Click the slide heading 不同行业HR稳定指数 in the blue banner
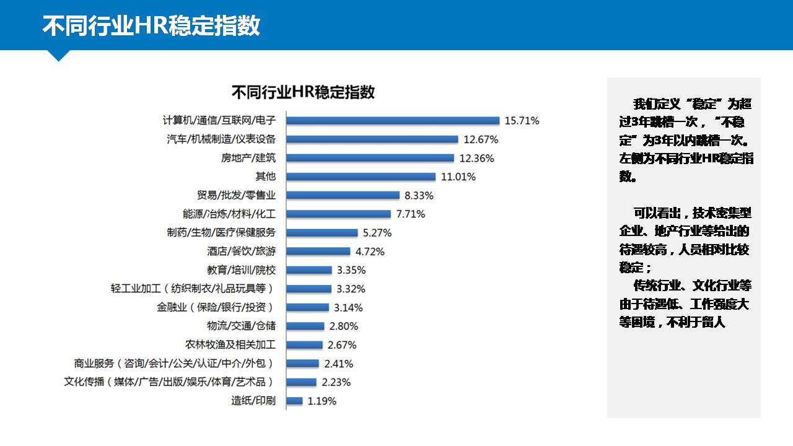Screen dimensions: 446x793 coord(151,26)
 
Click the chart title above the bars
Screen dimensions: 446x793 coord(303,92)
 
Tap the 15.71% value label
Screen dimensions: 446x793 coord(522,121)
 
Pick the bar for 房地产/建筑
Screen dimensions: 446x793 coord(370,158)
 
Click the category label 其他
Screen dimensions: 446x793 coord(266,177)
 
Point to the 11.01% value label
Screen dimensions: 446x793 coord(458,177)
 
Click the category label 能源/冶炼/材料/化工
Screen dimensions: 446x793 coord(229,214)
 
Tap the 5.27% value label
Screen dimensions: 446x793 coord(377,233)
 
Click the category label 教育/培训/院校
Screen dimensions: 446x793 coord(242,270)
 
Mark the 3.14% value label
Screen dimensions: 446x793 coord(348,307)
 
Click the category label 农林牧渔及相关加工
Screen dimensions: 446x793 coord(230,345)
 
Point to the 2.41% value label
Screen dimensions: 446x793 coord(339,364)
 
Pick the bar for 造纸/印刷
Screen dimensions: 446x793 coord(294,401)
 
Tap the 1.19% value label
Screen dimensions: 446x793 coord(322,401)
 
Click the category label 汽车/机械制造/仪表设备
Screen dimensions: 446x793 coord(221,139)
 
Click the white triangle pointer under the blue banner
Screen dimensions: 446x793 coord(59,55)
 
